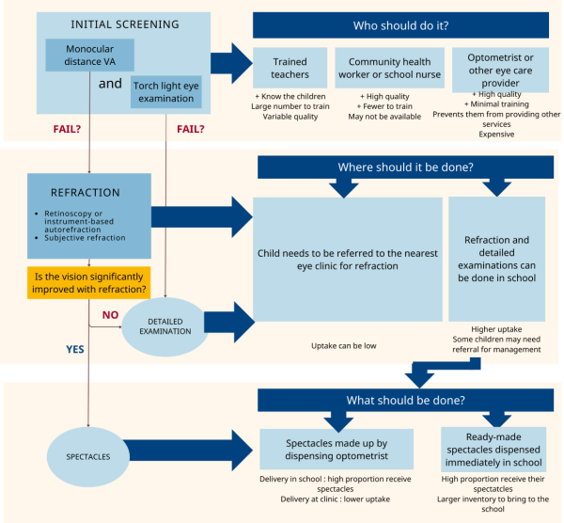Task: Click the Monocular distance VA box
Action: pyautogui.click(x=89, y=55)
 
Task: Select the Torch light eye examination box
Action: pyautogui.click(x=165, y=92)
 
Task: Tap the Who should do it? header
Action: pyautogui.click(x=400, y=25)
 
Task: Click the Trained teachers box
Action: pyautogui.click(x=290, y=68)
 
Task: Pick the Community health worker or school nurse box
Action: pyautogui.click(x=389, y=68)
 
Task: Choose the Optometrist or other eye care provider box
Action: pyautogui.click(x=500, y=70)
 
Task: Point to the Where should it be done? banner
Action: pyautogui.click(x=405, y=167)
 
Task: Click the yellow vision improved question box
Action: pyautogui.click(x=89, y=282)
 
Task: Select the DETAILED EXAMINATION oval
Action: pyautogui.click(x=165, y=326)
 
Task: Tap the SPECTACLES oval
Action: pyautogui.click(x=88, y=457)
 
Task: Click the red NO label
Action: pyautogui.click(x=110, y=315)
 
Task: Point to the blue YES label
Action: pyautogui.click(x=75, y=349)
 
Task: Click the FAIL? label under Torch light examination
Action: pyautogui.click(x=190, y=129)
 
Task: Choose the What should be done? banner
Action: pyautogui.click(x=405, y=400)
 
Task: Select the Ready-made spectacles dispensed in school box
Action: pyautogui.click(x=493, y=450)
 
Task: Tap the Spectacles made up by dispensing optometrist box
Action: pyautogui.click(x=337, y=450)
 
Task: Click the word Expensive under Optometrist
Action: pyautogui.click(x=496, y=135)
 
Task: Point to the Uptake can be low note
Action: pyautogui.click(x=343, y=346)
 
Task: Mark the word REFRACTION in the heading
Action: pyautogui.click(x=86, y=193)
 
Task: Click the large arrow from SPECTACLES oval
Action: pyautogui.click(x=188, y=451)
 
